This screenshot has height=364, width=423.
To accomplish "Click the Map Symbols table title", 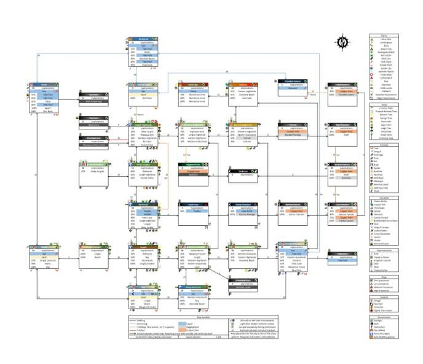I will [202, 317].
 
